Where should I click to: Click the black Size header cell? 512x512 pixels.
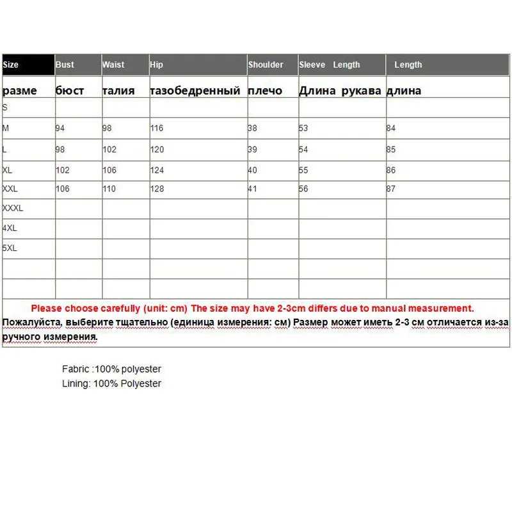(28, 65)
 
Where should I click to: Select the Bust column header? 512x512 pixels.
(65, 65)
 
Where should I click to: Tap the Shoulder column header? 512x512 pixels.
(266, 65)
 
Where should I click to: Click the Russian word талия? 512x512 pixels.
(118, 91)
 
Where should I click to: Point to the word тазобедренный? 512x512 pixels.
(195, 91)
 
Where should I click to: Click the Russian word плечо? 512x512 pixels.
(265, 91)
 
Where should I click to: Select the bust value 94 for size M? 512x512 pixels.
(60, 128)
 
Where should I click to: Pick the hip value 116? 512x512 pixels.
(157, 128)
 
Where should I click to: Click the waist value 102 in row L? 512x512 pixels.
(109, 149)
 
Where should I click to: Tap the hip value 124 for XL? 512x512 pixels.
(157, 170)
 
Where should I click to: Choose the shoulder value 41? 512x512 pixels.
(253, 189)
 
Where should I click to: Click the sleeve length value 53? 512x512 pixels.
(303, 128)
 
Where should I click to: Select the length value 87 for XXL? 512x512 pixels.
(391, 189)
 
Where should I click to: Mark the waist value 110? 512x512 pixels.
(109, 189)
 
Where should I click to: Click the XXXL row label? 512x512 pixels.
(13, 208)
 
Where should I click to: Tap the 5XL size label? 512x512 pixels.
(10, 248)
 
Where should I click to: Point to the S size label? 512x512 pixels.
(5, 108)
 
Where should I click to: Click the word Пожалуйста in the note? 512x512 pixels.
(29, 321)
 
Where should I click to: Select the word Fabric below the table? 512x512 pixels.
(76, 369)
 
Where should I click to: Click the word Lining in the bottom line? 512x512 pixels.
(76, 383)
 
